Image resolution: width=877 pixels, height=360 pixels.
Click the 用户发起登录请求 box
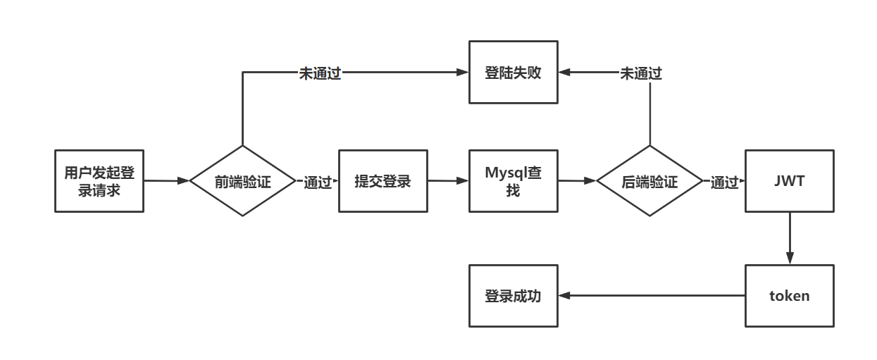(99, 181)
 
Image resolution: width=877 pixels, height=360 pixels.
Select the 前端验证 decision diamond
(242, 181)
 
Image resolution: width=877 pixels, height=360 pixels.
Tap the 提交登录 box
(382, 181)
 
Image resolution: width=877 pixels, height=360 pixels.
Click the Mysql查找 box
(513, 181)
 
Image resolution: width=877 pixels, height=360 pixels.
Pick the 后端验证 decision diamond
(649, 181)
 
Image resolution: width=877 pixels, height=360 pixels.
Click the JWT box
(789, 181)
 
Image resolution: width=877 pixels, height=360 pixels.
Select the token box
(789, 296)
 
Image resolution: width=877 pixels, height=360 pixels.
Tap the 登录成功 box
(513, 296)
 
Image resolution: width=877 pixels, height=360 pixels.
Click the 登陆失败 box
(513, 72)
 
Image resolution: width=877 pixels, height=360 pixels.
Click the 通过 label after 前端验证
(318, 182)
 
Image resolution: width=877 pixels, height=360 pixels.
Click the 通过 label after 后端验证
(724, 182)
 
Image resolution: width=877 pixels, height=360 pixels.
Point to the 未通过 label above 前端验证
(320, 73)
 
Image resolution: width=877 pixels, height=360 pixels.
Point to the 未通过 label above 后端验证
(640, 73)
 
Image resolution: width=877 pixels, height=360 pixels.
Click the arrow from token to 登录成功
(652, 296)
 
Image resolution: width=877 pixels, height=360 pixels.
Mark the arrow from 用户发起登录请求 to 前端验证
(167, 181)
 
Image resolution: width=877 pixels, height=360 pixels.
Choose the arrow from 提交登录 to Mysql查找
(448, 181)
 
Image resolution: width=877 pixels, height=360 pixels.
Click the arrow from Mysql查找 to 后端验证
(578, 181)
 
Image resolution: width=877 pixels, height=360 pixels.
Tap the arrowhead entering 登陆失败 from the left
(463, 72)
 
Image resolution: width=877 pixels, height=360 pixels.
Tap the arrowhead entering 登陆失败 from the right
(565, 72)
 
